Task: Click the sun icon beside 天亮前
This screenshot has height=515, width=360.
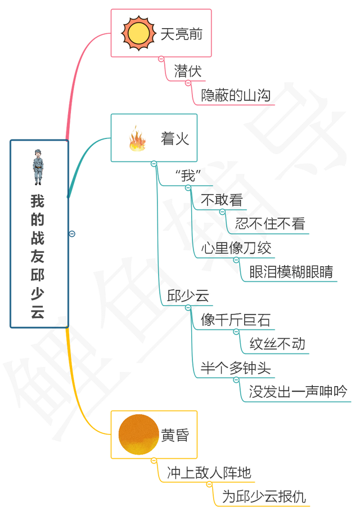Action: (x=137, y=33)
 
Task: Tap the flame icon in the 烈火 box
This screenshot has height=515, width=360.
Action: (x=137, y=140)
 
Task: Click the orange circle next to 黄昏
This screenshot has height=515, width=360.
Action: (x=138, y=433)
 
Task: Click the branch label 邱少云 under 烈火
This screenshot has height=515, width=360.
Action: (x=184, y=296)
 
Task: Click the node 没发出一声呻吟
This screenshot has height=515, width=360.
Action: (x=298, y=392)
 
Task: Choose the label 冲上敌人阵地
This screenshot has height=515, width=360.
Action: (x=209, y=472)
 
